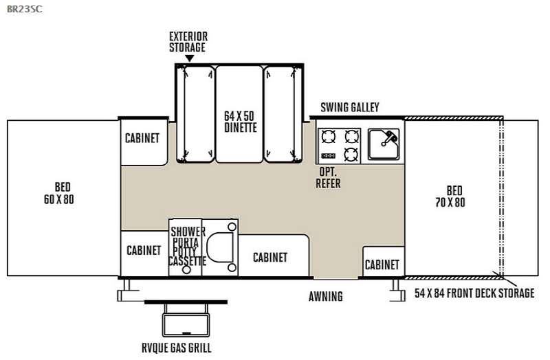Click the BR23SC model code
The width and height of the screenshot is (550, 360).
[25, 9]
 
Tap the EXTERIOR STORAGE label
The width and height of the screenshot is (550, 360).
[188, 42]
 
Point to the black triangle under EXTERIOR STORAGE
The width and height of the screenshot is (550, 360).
[189, 58]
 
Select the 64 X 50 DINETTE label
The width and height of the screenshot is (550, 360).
[240, 122]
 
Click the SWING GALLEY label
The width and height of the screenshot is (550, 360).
[350, 107]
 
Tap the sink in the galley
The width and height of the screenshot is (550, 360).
[384, 144]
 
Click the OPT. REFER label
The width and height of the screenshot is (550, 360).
[329, 177]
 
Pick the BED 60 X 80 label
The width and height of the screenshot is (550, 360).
[59, 193]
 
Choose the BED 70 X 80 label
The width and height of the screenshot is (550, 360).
[450, 196]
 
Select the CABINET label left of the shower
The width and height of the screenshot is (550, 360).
[144, 250]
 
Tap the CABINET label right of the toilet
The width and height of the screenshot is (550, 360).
[270, 258]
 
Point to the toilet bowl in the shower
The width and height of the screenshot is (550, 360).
[219, 247]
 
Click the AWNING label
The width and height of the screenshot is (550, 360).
[326, 297]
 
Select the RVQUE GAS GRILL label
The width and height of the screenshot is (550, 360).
[177, 348]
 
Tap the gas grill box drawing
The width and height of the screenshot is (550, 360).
[186, 325]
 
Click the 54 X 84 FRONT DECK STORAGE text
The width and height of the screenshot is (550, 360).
[474, 293]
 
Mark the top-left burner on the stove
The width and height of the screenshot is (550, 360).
[329, 136]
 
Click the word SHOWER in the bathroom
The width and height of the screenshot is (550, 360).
[188, 232]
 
